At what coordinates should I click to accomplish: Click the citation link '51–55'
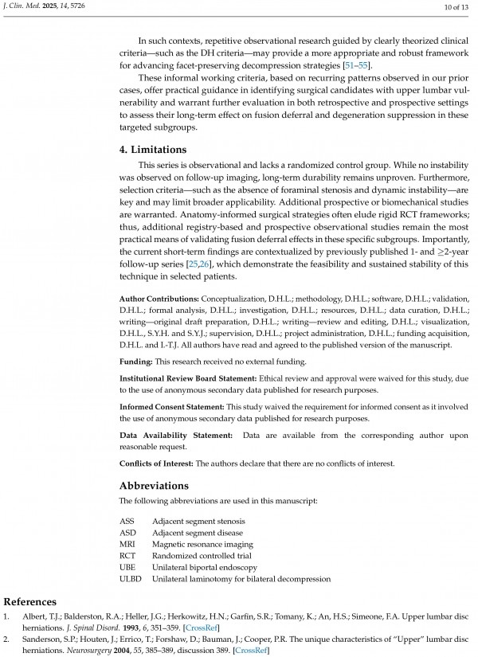[355, 64]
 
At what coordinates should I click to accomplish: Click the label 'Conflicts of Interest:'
[157, 463]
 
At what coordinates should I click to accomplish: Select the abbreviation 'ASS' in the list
[127, 520]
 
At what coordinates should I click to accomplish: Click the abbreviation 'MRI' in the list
[127, 544]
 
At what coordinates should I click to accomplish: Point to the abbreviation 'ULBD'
[130, 579]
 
